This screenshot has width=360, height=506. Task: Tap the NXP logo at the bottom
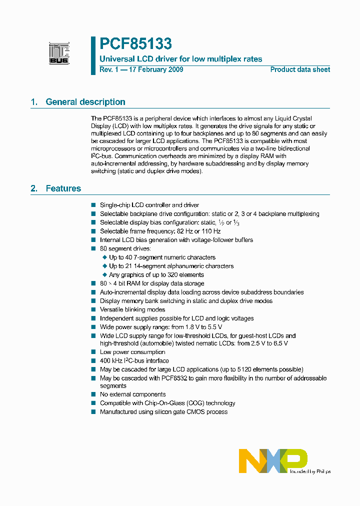pos(272,460)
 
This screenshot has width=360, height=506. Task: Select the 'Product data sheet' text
pos(300,69)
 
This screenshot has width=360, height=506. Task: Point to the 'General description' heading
pos(85,102)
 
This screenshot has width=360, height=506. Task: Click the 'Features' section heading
pos(63,188)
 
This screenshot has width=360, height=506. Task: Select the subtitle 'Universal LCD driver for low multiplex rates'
pos(181,59)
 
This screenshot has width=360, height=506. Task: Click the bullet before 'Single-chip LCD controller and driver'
pos(93,205)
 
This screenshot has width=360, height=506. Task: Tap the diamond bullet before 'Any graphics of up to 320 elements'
pos(105,275)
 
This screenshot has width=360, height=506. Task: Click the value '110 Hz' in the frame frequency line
pos(210,231)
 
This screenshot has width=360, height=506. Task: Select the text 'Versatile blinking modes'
pos(132,309)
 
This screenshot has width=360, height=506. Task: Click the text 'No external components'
pos(132,394)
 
